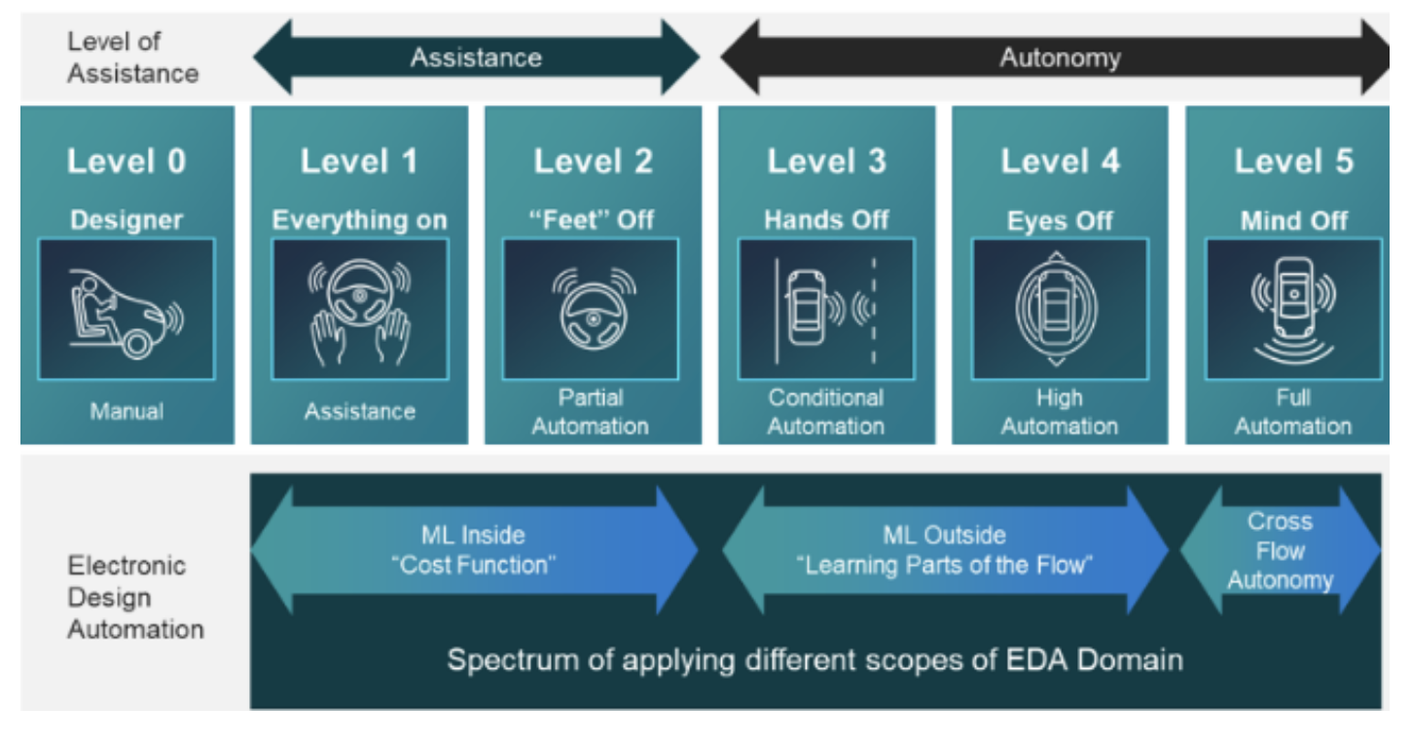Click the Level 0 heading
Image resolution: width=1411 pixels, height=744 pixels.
(x=127, y=162)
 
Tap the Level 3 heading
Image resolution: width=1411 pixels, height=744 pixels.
(x=826, y=162)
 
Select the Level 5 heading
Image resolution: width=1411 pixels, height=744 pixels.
(x=1293, y=162)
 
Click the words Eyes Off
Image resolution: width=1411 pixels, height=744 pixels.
(x=1060, y=221)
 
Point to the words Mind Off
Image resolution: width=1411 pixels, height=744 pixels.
(x=1293, y=221)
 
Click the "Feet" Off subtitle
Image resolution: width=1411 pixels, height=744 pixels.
(x=592, y=219)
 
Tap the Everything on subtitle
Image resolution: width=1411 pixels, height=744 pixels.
(x=359, y=220)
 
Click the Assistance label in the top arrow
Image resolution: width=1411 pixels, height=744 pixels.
(x=476, y=57)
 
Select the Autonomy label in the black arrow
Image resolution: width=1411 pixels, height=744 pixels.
(x=1060, y=57)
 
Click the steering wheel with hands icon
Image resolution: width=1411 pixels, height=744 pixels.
(x=359, y=309)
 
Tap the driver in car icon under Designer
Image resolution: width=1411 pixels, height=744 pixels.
(x=127, y=309)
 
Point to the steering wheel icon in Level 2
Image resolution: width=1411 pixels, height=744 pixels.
(x=592, y=309)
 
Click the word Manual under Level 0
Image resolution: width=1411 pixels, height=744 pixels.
(x=127, y=411)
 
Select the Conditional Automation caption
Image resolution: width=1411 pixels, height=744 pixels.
(x=826, y=412)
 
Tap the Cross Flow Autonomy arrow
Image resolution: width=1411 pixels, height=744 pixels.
(x=1280, y=550)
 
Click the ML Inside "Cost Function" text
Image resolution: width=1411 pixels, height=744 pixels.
(x=474, y=549)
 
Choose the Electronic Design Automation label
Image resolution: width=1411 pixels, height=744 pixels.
(x=134, y=597)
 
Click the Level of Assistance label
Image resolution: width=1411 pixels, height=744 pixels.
(x=132, y=57)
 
